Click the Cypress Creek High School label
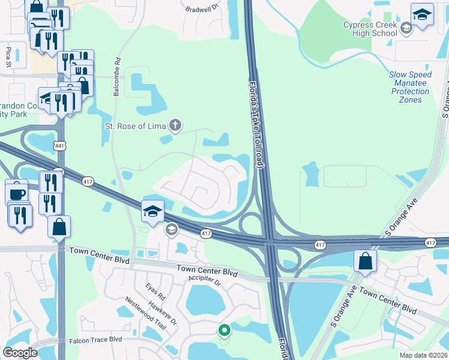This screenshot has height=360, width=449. click(370, 29)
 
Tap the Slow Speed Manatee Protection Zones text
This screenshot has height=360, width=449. click(411, 87)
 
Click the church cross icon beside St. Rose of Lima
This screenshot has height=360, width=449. click(175, 125)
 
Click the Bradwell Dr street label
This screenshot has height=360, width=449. click(203, 9)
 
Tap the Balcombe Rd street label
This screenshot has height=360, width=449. click(118, 76)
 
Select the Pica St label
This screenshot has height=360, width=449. click(9, 55)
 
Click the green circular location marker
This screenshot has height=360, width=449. click(224, 330)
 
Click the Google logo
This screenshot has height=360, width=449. click(20, 353)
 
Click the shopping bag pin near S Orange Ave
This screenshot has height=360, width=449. click(366, 261)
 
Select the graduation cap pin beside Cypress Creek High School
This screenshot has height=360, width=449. click(422, 14)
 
